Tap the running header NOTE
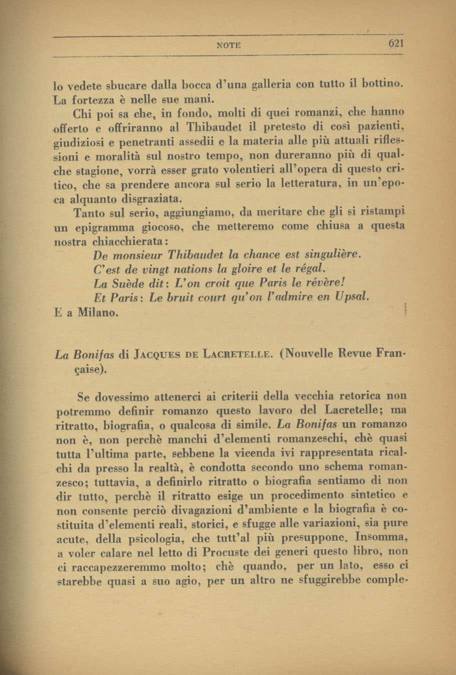pyautogui.click(x=229, y=45)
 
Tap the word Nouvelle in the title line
pyautogui.click(x=309, y=354)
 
